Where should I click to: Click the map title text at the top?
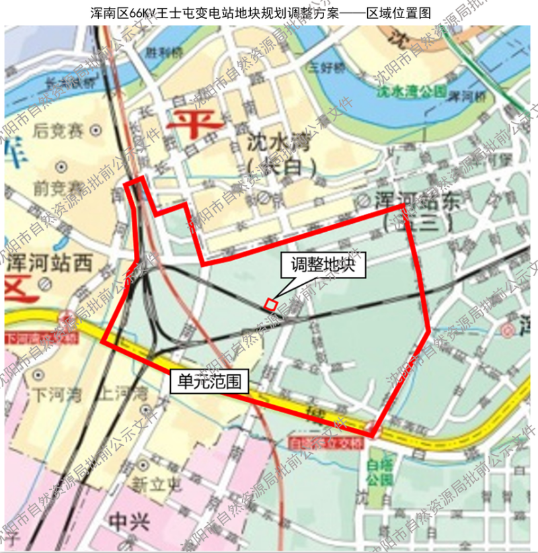pyautogui.click(x=269, y=12)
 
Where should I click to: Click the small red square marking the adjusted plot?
pyautogui.click(x=270, y=304)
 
